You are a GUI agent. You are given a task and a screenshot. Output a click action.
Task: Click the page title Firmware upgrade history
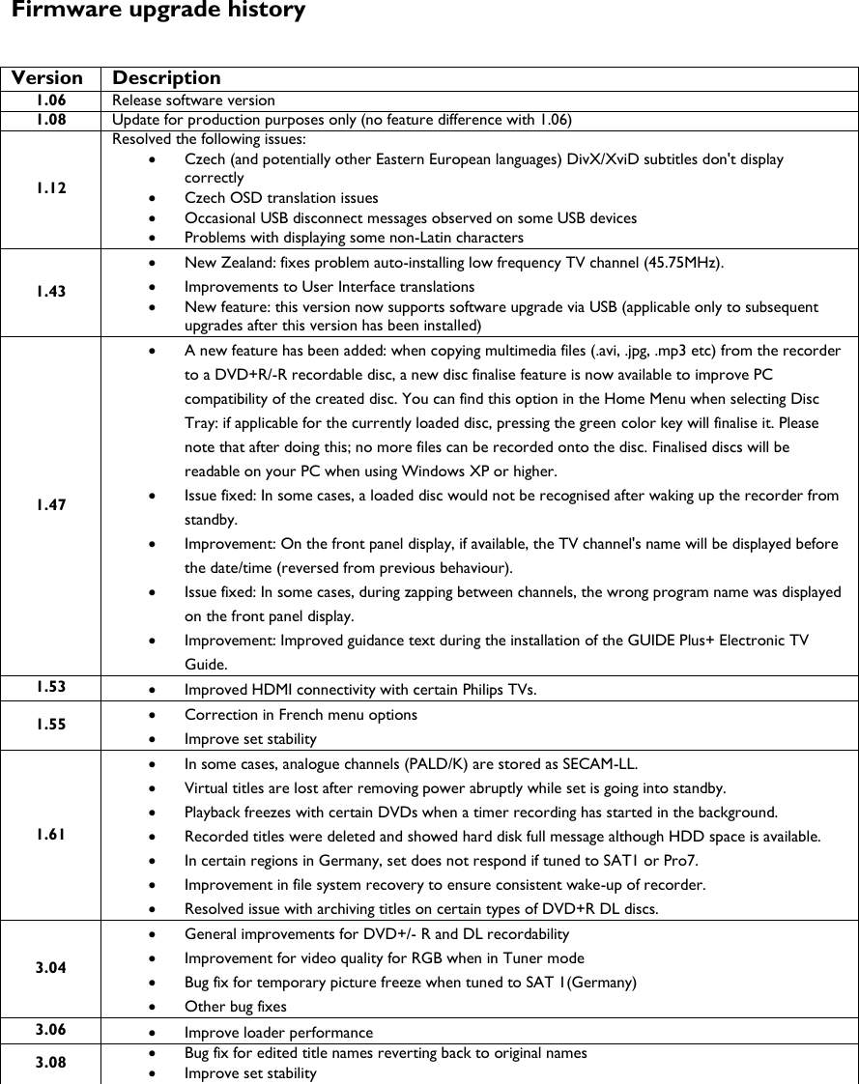click(158, 12)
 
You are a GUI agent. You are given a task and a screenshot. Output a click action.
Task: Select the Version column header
click(47, 78)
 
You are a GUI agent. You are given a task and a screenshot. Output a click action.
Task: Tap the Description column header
click(166, 78)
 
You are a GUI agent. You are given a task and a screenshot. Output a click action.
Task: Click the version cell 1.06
click(51, 100)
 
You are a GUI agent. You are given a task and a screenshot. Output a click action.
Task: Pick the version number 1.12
click(51, 188)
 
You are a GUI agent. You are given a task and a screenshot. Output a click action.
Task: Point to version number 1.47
click(51, 504)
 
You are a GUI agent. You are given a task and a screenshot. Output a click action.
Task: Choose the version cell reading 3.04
click(51, 968)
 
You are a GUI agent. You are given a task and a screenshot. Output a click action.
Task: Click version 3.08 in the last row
click(51, 1063)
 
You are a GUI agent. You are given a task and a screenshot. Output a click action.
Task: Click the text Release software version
click(193, 100)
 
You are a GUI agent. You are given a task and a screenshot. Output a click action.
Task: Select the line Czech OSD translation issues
click(281, 198)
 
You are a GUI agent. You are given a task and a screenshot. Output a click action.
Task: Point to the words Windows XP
click(468, 471)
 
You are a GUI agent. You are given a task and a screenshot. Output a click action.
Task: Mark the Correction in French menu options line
click(301, 715)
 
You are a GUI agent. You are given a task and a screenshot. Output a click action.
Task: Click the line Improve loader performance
click(278, 1033)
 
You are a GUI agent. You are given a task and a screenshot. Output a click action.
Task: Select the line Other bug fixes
click(235, 1007)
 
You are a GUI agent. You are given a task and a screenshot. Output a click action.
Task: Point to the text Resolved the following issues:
click(208, 139)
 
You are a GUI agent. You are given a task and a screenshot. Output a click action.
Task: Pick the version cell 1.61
click(51, 835)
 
